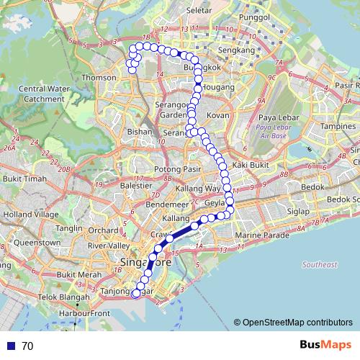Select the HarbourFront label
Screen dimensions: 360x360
pos(84,314)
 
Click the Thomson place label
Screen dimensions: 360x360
pos(99,77)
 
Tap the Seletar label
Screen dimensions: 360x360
pos(199,11)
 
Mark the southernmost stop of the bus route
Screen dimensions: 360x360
pos(136,292)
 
